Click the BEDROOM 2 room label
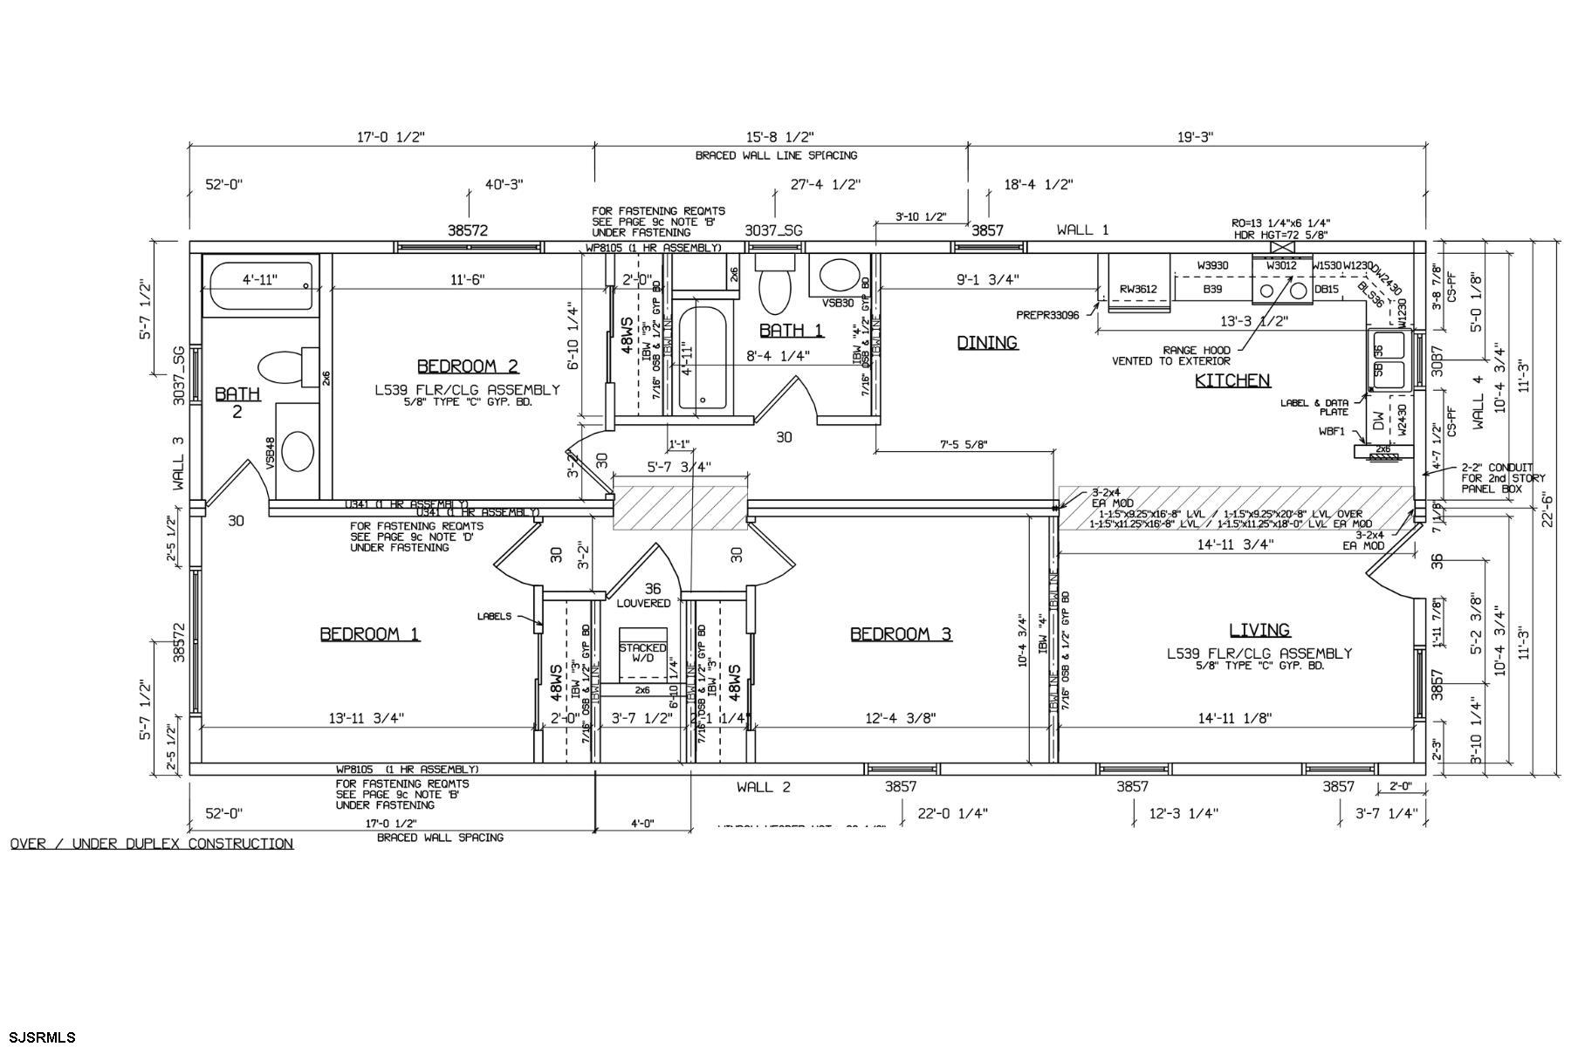click(x=468, y=366)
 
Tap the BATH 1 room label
click(x=791, y=331)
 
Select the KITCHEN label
click(x=1231, y=380)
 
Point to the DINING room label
click(x=987, y=343)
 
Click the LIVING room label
click(x=1259, y=630)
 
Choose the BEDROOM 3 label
click(x=901, y=634)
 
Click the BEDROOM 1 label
click(x=369, y=634)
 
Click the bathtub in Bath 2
click(x=259, y=289)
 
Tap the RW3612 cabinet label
click(x=1138, y=290)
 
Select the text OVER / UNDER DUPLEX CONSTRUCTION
click(x=152, y=844)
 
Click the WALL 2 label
click(x=763, y=787)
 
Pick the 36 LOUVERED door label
click(x=644, y=596)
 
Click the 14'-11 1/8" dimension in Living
click(x=1235, y=718)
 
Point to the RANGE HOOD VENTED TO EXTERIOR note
click(x=1171, y=355)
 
